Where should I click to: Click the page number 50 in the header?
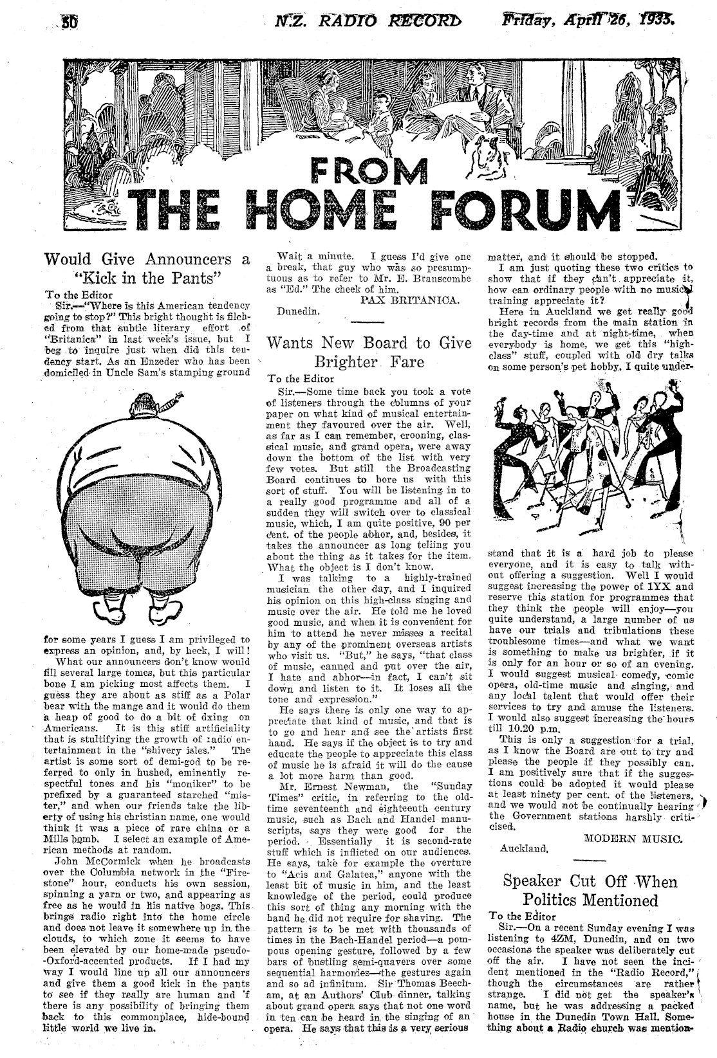[x=69, y=23]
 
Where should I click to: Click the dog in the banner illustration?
[x=487, y=157]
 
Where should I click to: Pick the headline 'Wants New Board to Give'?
[x=369, y=342]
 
